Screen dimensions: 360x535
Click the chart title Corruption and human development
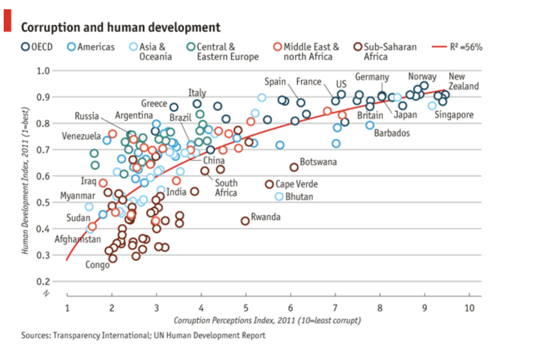(x=121, y=27)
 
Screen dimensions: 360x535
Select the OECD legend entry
(x=37, y=47)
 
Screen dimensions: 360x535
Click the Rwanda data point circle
(x=245, y=221)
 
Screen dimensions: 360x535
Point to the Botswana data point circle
(x=294, y=167)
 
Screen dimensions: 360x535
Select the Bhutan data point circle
(x=279, y=196)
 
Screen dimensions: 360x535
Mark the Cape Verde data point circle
(x=269, y=184)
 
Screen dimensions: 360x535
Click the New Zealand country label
(x=463, y=81)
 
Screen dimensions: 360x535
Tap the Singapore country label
(x=454, y=115)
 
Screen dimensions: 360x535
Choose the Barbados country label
(x=392, y=133)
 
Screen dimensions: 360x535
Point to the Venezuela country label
(x=81, y=137)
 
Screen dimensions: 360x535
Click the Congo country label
(x=97, y=265)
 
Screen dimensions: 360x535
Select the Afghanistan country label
(x=78, y=239)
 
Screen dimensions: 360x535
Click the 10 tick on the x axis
(x=469, y=308)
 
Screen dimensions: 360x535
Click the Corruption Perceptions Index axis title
(x=267, y=320)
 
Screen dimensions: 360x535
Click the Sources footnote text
(x=143, y=335)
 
